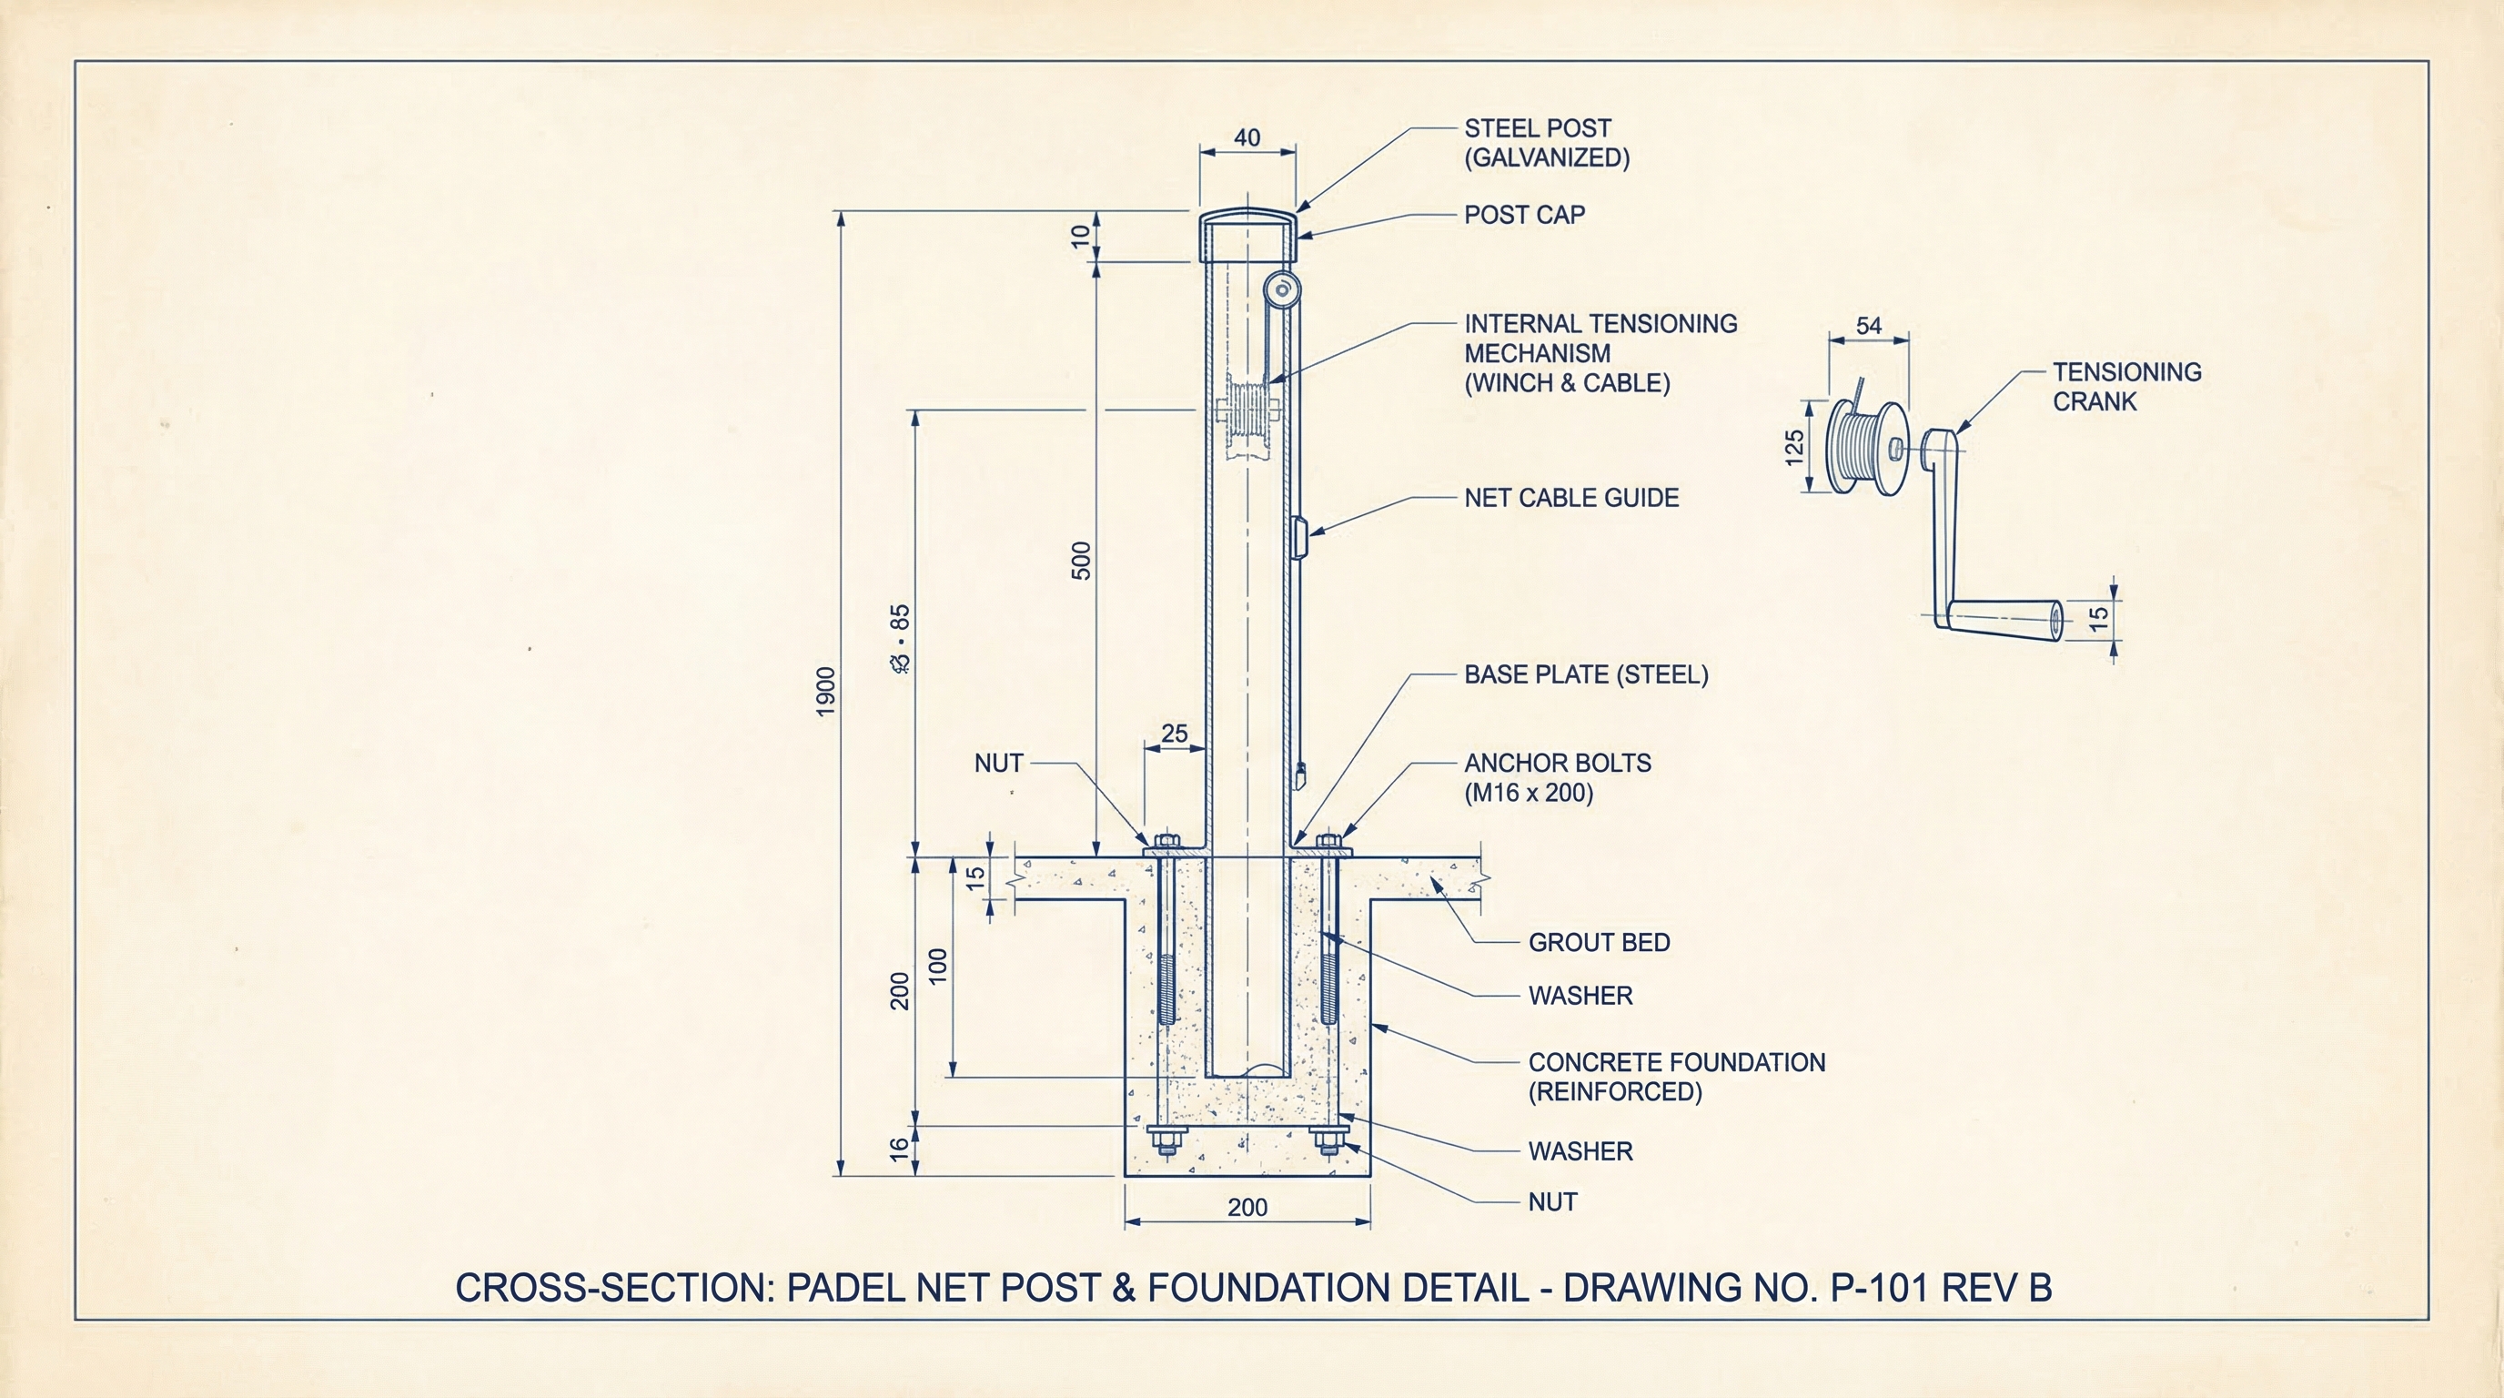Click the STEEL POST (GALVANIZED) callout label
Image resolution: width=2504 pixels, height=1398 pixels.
(1546, 143)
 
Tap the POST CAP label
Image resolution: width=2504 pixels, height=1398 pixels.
(1524, 215)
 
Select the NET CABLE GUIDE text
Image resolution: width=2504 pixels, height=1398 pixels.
(1570, 498)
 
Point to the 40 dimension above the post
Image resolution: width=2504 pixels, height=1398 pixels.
(1247, 138)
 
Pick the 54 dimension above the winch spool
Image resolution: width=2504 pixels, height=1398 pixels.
(1868, 326)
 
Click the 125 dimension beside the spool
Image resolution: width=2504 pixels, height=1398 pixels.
(1794, 447)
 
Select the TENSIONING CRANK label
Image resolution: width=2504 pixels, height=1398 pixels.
(2125, 386)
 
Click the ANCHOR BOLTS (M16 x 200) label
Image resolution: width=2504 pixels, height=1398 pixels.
(1557, 778)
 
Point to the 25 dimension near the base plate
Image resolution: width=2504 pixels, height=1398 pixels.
(1175, 734)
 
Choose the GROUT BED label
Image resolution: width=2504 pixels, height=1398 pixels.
(1599, 942)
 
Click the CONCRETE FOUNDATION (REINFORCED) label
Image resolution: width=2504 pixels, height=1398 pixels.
(1676, 1076)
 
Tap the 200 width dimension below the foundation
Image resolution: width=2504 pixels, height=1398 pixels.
(1247, 1208)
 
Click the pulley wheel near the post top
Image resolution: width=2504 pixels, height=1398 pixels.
(1282, 289)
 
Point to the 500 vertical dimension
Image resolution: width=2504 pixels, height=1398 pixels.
(1081, 561)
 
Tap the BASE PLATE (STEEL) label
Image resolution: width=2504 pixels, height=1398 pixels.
(1585, 674)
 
